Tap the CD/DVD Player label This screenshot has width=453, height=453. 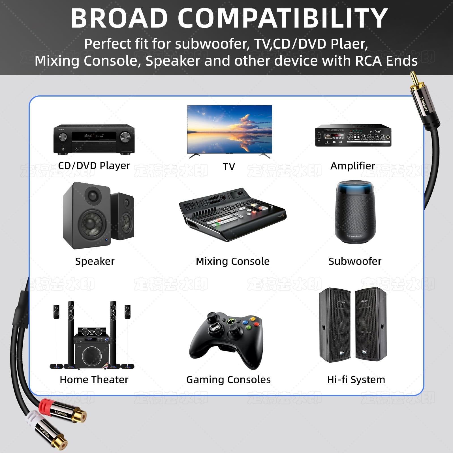(x=94, y=166)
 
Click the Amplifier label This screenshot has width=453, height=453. (x=352, y=166)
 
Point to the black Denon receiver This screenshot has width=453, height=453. (x=94, y=139)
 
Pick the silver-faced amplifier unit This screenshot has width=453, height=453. (x=353, y=136)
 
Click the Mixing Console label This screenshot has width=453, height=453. (x=232, y=261)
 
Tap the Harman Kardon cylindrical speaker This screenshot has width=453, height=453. (x=355, y=212)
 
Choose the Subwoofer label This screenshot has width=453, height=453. (x=355, y=261)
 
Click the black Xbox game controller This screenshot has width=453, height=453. (x=226, y=338)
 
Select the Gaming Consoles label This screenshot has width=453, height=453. (x=228, y=380)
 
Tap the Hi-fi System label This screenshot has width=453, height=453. (x=356, y=380)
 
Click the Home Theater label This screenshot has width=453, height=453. (x=94, y=380)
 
